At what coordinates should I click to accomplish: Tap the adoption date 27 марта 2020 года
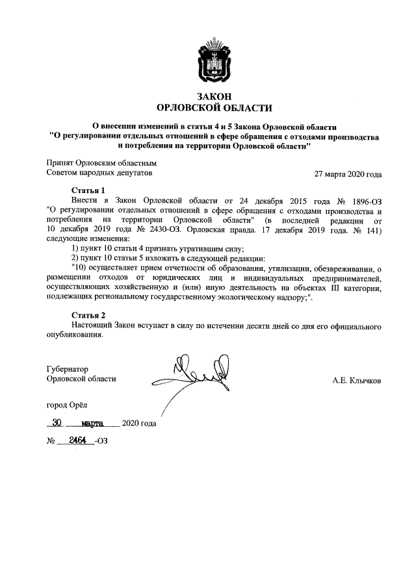[x=348, y=174]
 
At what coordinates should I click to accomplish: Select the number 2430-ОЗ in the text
[x=159, y=229]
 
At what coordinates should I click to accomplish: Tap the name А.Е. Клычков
[x=356, y=379]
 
